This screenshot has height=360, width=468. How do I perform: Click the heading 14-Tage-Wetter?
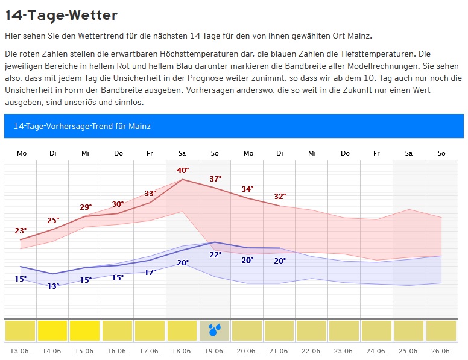(x=61, y=15)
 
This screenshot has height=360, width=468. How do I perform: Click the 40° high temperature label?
(x=183, y=170)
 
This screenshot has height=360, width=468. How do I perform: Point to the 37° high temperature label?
(x=215, y=178)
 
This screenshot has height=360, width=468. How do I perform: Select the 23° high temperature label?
(x=21, y=230)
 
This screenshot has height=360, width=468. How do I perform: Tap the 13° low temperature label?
(x=53, y=286)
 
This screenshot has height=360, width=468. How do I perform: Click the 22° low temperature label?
(x=215, y=254)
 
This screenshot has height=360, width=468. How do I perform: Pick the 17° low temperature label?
(x=150, y=272)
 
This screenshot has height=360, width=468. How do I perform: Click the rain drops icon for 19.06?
(x=215, y=330)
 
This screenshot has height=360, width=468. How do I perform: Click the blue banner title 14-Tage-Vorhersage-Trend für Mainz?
(x=82, y=126)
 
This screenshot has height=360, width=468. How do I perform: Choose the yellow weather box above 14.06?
(x=52, y=330)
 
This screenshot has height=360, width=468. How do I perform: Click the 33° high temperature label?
(x=150, y=193)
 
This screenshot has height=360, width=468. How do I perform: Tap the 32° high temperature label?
(x=280, y=196)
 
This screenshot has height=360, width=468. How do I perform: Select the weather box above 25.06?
(x=409, y=330)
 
